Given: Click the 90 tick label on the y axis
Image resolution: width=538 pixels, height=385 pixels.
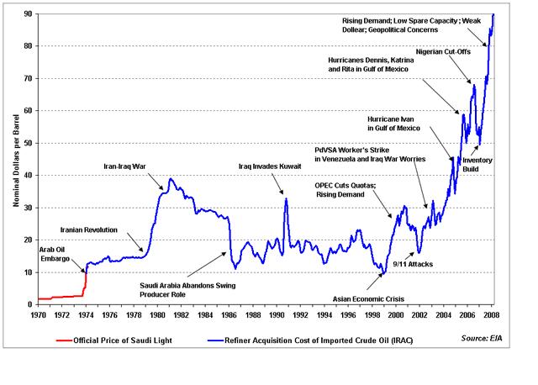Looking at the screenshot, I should tap(28, 14).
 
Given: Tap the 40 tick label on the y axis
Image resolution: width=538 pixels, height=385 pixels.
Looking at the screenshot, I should tap(28, 176).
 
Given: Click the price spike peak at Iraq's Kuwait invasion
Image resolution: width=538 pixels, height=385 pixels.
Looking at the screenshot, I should tap(286, 199).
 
